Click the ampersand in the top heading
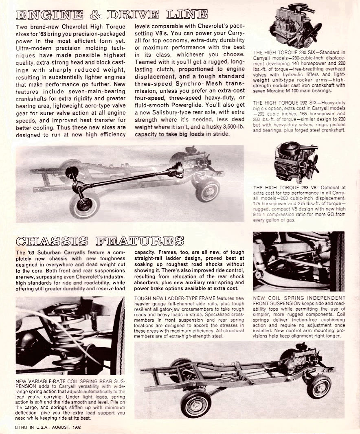(95, 16)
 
